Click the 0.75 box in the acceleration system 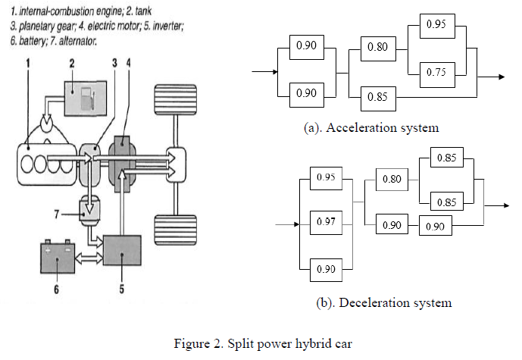tap(435, 72)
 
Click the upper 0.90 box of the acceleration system tap(307, 46)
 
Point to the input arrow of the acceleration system tap(262, 72)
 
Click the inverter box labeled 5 tap(122, 249)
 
